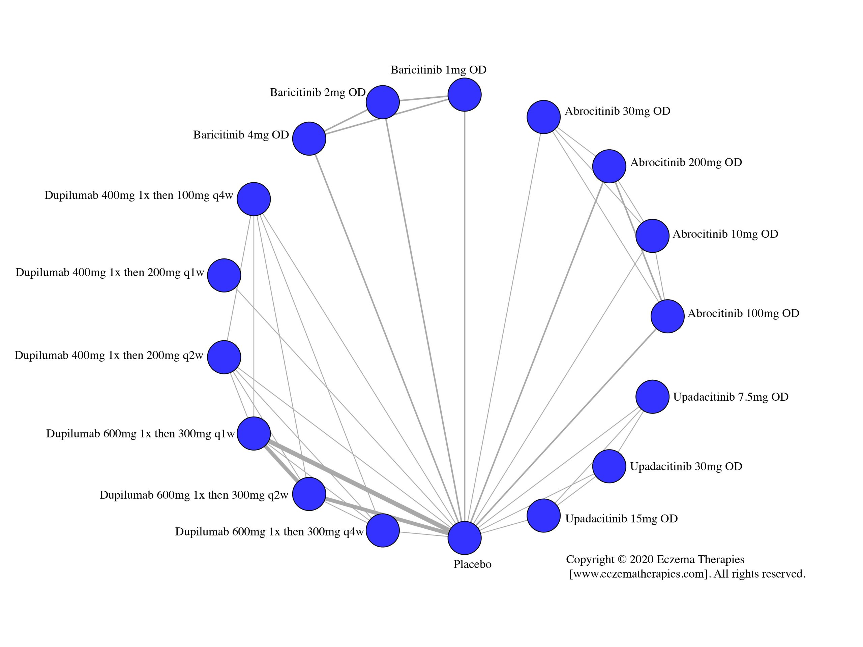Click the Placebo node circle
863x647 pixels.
point(464,538)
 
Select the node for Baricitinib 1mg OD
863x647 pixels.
point(464,95)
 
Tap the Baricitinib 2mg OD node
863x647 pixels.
point(383,102)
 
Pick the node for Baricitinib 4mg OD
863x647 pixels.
point(309,138)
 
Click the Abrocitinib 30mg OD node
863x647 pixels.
point(543,117)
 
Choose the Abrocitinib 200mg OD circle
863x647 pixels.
point(609,166)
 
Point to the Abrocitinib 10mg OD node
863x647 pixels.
point(652,236)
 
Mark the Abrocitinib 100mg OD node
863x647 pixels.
point(667,316)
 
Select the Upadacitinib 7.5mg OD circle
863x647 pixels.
point(652,397)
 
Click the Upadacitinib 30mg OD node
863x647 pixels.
point(609,466)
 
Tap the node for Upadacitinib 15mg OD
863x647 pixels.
point(543,516)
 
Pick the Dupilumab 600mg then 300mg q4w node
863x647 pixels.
point(383,530)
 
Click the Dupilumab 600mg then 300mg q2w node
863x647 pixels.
point(309,494)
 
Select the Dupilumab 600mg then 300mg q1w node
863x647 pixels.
point(254,433)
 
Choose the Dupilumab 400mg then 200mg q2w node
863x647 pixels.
point(224,357)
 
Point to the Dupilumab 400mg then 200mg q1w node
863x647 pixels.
point(224,275)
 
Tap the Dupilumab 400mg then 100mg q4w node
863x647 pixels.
point(254,199)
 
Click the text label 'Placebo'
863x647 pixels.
point(472,564)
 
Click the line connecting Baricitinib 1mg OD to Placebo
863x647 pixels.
point(464,312)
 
